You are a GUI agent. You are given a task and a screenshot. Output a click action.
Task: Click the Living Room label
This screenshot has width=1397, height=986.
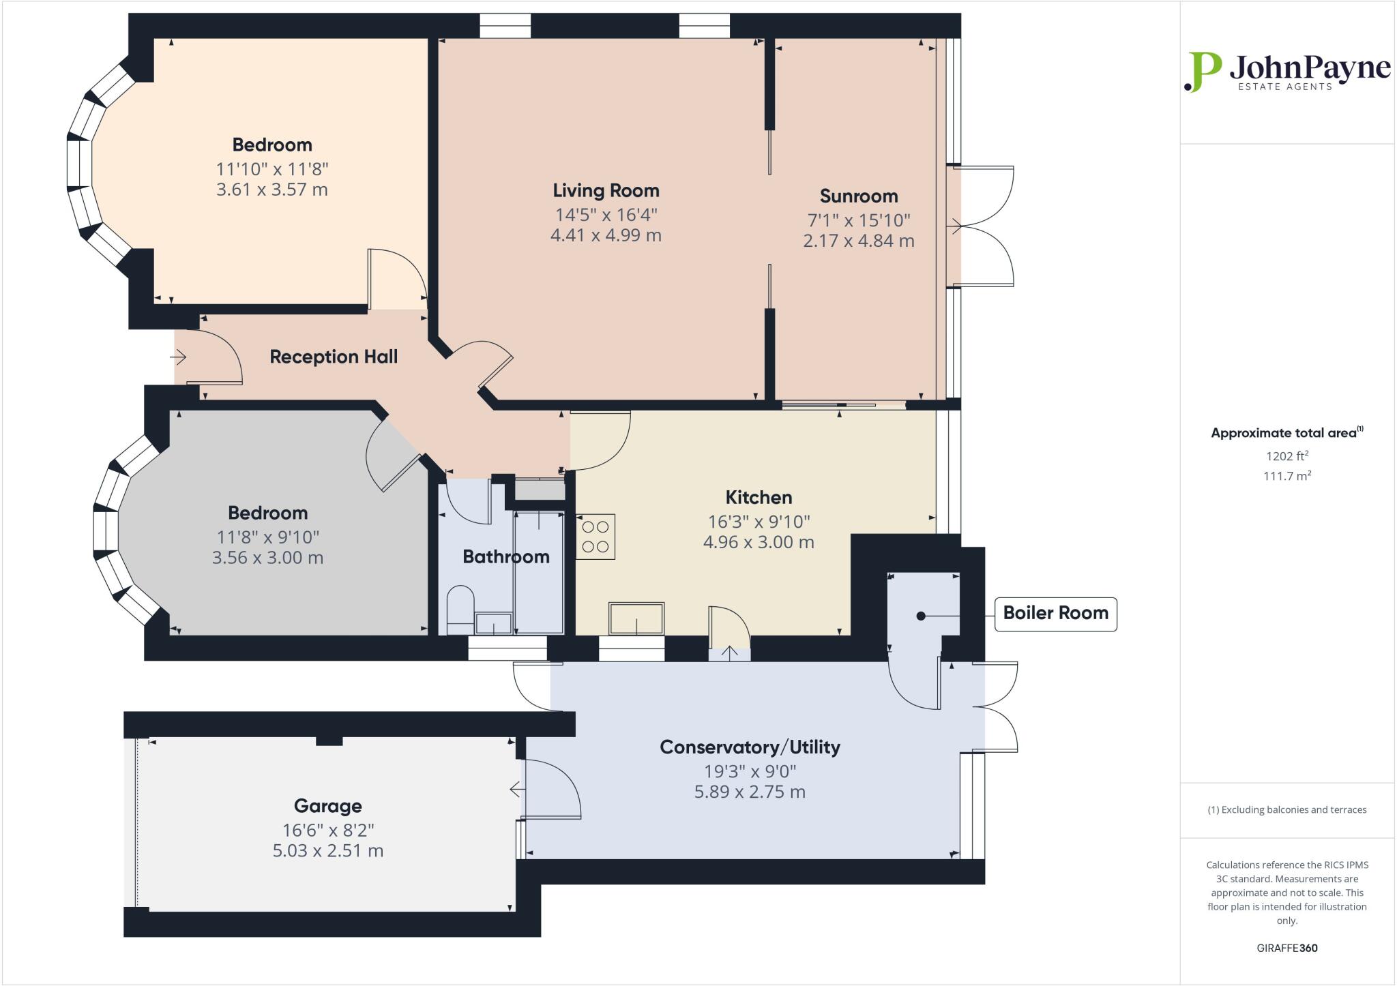(606, 190)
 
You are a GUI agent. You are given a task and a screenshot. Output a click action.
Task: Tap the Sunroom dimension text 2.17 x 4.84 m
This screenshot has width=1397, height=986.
(858, 241)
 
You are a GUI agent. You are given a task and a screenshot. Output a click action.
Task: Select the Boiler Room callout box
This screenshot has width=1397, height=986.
(1055, 613)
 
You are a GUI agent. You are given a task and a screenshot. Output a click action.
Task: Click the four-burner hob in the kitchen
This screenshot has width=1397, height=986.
(595, 537)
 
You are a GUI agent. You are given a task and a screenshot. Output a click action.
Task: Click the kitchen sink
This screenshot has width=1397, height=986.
(636, 618)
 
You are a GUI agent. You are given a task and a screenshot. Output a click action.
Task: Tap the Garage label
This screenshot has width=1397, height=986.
(327, 806)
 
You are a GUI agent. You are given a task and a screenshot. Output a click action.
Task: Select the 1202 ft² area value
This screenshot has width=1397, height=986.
(1287, 456)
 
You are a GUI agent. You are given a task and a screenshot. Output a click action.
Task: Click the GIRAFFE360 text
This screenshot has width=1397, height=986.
(1286, 948)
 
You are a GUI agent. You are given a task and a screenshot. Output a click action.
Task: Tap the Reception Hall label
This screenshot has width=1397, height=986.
(334, 357)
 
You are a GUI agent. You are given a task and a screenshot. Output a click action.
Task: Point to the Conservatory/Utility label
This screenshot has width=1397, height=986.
(750, 747)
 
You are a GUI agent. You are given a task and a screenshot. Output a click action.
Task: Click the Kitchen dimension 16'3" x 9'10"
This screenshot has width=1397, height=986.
(759, 522)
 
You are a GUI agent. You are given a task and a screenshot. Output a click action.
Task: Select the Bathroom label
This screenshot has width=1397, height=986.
(505, 556)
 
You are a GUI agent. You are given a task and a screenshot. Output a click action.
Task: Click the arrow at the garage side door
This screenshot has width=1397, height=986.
(516, 790)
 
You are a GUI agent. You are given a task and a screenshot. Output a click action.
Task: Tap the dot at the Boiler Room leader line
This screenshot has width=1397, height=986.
(921, 616)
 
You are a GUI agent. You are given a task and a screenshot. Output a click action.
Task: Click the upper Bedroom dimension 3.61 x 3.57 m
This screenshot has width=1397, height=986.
(271, 190)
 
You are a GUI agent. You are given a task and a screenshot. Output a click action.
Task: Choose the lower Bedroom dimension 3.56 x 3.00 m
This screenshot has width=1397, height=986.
(267, 558)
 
